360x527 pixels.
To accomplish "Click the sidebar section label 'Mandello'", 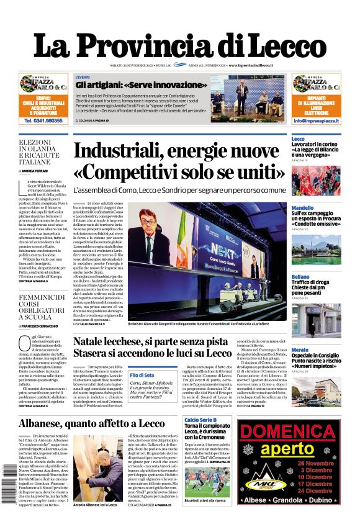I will pos(302,208).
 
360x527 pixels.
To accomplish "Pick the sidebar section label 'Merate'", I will pos(300,350).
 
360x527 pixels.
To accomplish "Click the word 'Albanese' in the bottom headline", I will pos(50,424).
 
